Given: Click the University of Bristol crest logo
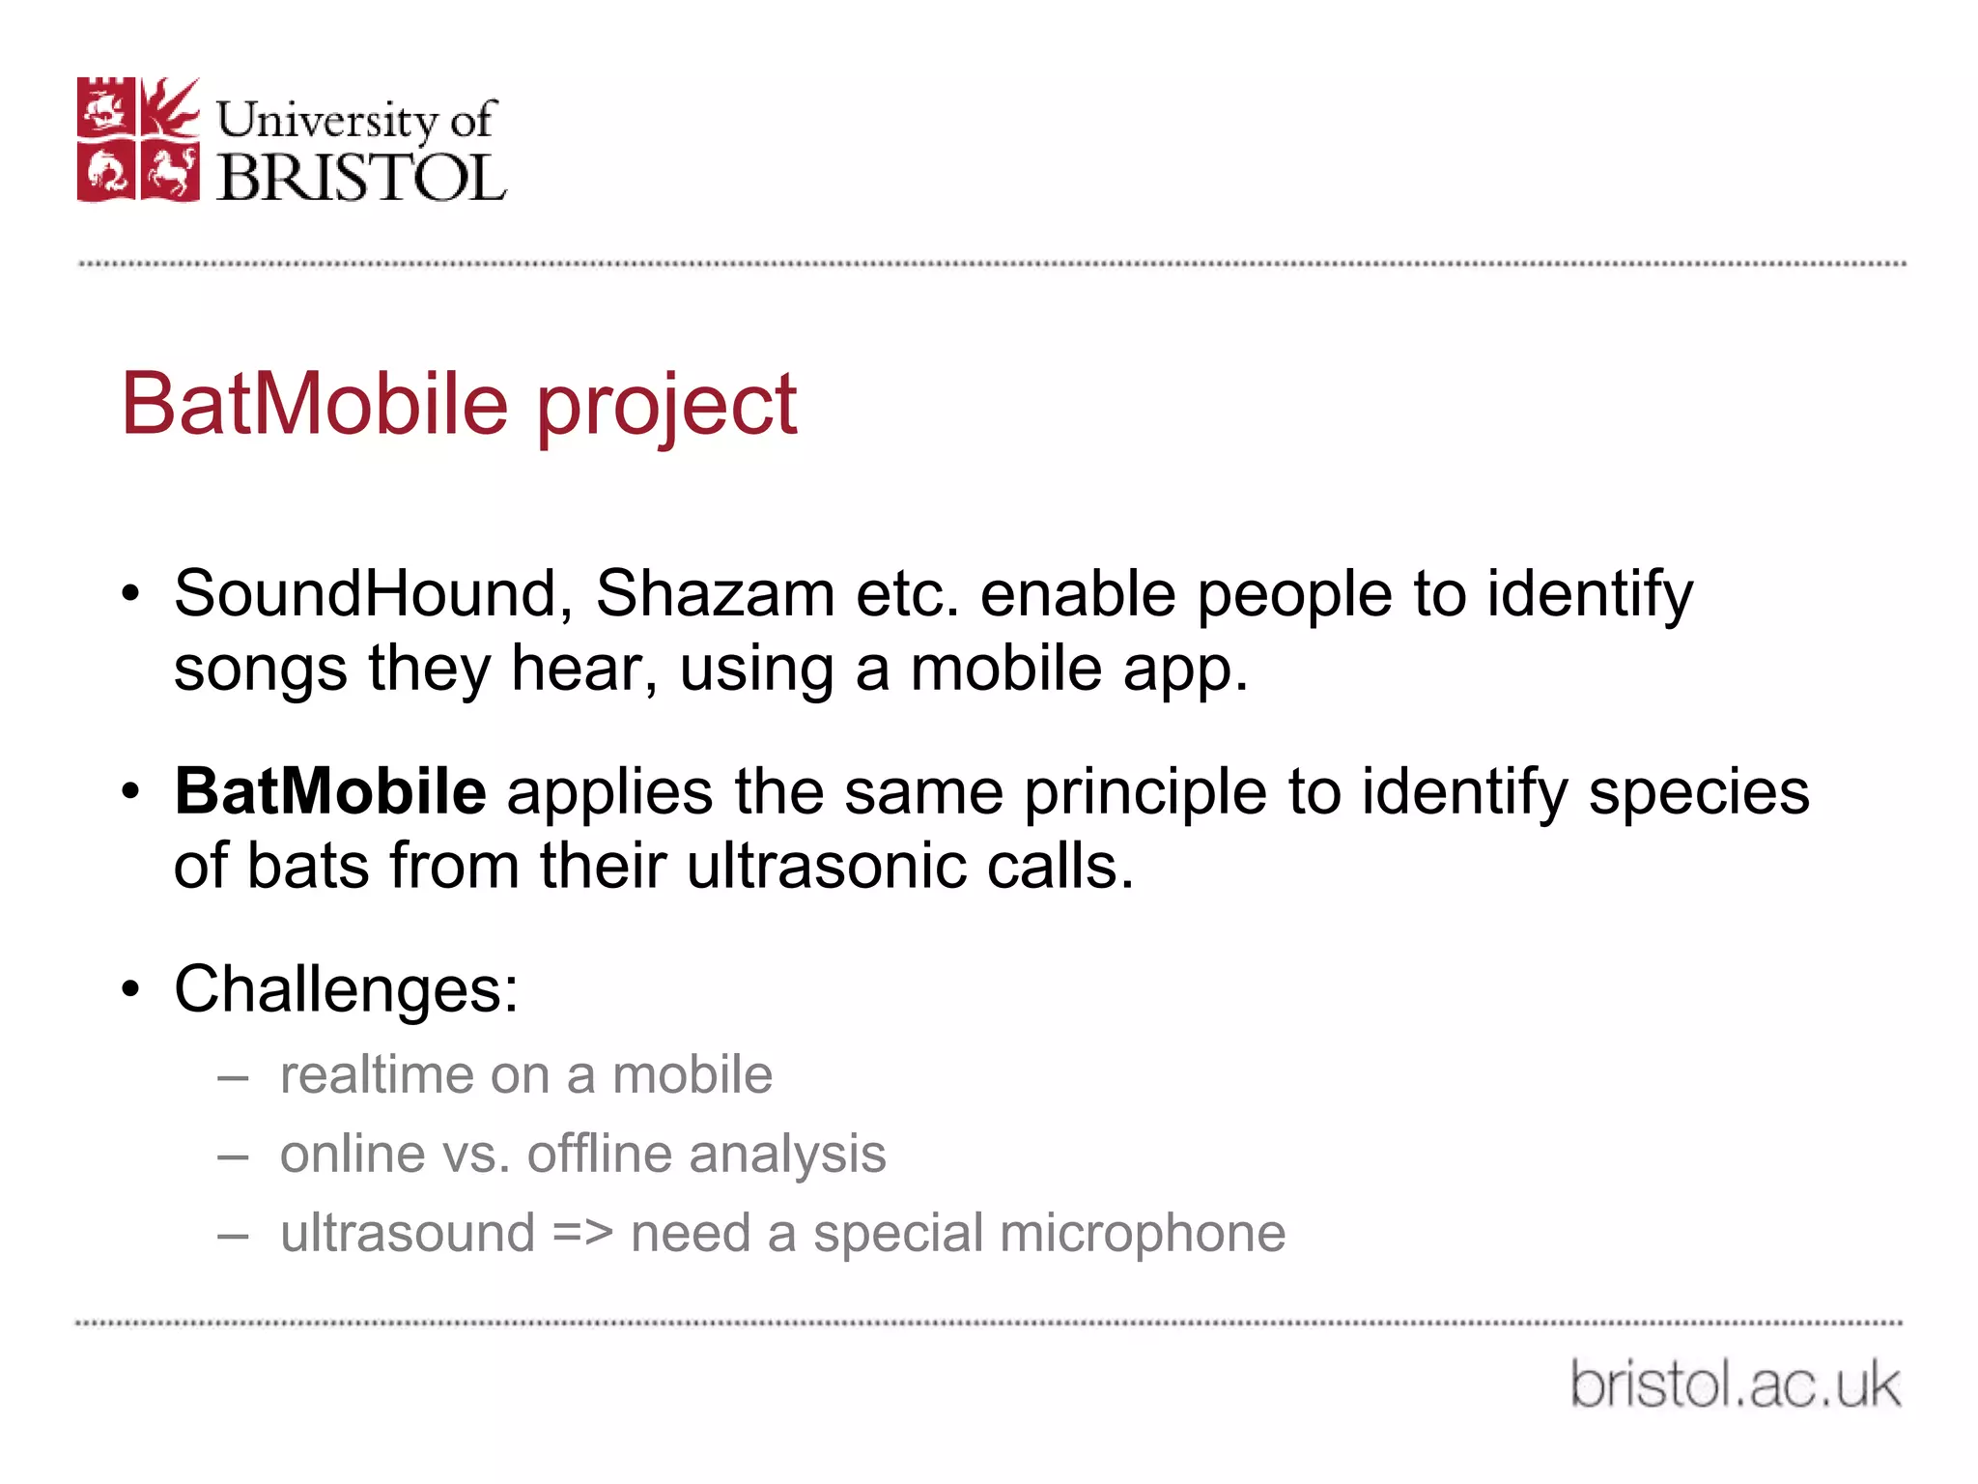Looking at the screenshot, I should (x=138, y=139).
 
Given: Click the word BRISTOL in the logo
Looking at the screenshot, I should (x=361, y=178).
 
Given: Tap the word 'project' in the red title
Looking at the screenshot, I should (x=666, y=406).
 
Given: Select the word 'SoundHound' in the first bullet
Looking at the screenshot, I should (x=366, y=593).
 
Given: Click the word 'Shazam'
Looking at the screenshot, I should (x=715, y=593).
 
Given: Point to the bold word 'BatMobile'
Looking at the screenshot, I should (x=329, y=791).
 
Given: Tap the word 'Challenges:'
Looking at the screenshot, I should (x=346, y=989).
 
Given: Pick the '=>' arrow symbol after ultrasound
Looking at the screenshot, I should (x=582, y=1234).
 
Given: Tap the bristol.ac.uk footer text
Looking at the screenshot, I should (x=1735, y=1384).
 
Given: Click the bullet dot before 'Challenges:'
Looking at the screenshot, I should (x=131, y=989).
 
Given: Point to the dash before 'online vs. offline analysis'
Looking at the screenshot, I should (x=234, y=1156).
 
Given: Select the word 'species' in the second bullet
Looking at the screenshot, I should (x=1699, y=793).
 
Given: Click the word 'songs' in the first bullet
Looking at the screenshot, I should (x=260, y=671).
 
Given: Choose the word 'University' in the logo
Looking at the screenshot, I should (x=326, y=120).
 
